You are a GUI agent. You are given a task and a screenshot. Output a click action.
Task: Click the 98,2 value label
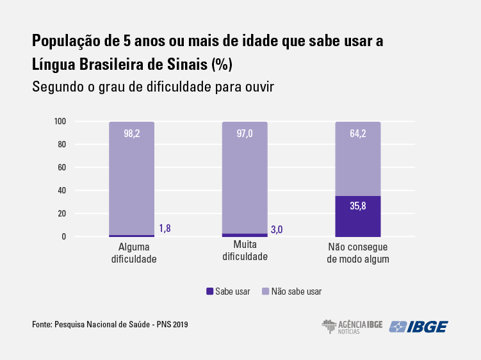(132, 134)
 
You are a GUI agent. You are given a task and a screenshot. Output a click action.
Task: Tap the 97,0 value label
(245, 134)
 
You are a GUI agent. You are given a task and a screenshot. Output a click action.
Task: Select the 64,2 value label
(358, 134)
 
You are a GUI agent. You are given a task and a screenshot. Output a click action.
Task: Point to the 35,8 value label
(358, 207)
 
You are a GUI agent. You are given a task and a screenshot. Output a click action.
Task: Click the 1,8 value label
(165, 228)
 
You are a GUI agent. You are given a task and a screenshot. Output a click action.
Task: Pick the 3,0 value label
(277, 229)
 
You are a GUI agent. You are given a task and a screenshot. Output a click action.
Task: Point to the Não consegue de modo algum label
(358, 253)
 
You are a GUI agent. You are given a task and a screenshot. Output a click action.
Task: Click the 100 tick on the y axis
(61, 122)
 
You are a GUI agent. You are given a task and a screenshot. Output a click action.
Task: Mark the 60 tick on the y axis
(62, 168)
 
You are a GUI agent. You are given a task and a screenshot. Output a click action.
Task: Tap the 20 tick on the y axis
(62, 214)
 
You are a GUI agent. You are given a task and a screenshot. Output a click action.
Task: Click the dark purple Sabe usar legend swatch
(209, 291)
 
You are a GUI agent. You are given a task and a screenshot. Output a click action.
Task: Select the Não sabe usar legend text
(297, 291)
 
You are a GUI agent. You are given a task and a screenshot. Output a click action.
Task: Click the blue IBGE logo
(419, 327)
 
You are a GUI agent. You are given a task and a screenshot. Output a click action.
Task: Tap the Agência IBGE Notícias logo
(352, 327)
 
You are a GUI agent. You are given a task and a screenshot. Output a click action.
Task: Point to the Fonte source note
(110, 325)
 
